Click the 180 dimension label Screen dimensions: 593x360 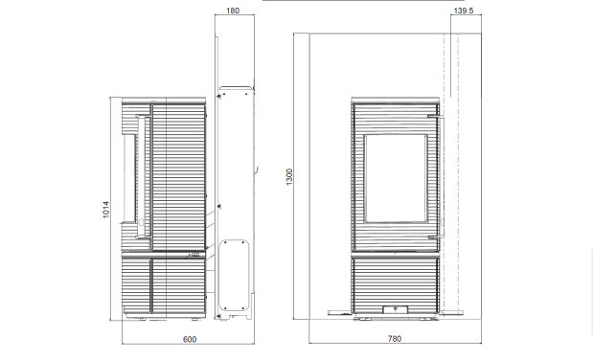point(233,11)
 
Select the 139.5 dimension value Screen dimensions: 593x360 point(463,11)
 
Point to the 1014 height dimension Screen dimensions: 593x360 point(106,209)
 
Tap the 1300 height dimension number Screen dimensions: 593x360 point(289,176)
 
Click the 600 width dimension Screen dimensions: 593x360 point(190,339)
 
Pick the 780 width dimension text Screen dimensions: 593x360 point(395,338)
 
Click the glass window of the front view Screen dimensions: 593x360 point(396,178)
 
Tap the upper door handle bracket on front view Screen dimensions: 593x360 point(432,117)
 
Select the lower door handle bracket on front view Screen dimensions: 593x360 point(432,237)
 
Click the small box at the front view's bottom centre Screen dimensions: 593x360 point(396,309)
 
